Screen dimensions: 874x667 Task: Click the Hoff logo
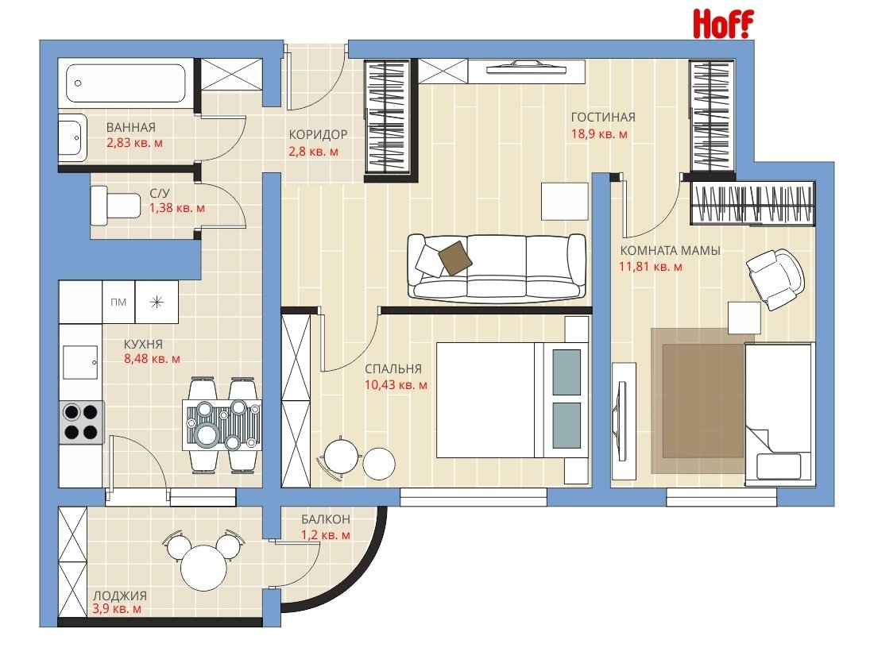pos(723,25)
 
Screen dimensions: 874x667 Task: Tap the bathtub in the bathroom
pos(126,83)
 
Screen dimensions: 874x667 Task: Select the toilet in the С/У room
pos(116,206)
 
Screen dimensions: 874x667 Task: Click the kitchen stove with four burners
pos(81,422)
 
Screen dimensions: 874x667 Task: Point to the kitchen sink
pos(79,362)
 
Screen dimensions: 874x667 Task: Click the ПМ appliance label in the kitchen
pos(118,302)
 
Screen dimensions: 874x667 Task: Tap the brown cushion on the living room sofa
pos(454,257)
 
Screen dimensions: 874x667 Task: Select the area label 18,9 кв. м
pos(599,134)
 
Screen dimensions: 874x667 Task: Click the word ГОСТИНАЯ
pos(603,117)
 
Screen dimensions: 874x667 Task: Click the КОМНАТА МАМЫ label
pos(670,251)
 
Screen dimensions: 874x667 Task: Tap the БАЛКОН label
pos(326,519)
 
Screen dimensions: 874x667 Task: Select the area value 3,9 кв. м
pos(117,609)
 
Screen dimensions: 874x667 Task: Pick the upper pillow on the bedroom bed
pos(567,372)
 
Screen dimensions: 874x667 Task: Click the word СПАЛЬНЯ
pos(393,369)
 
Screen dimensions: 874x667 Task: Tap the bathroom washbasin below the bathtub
pos(74,137)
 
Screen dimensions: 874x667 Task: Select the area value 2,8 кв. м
pos(313,152)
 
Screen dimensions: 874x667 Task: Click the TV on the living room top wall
pos(526,68)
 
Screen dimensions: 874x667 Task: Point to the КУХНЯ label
pos(143,345)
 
